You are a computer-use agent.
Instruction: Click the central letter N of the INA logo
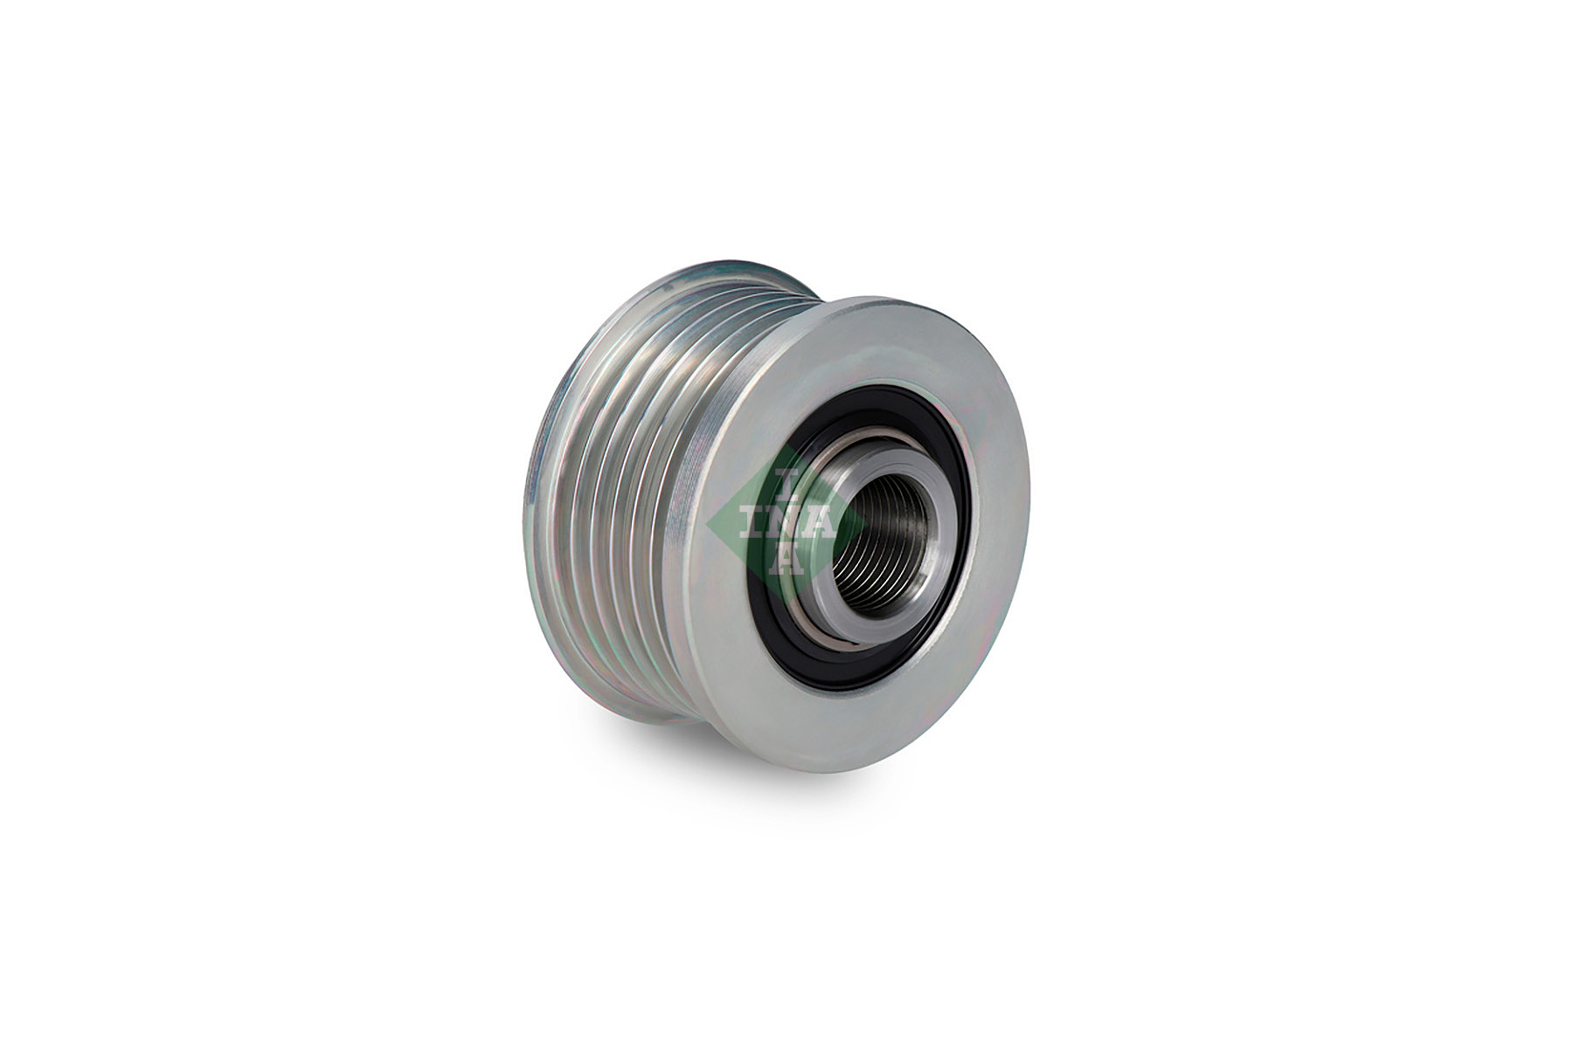(780, 525)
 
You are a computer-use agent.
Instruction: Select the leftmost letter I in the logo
(752, 526)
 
